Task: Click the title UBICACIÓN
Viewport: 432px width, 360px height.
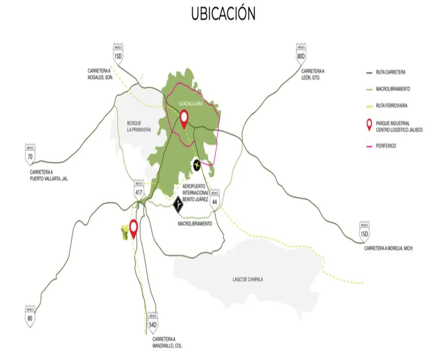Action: (223, 14)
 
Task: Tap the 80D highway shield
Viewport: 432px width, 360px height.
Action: (301, 54)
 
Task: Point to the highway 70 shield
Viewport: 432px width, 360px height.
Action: (30, 154)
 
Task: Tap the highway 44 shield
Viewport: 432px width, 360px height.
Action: (215, 199)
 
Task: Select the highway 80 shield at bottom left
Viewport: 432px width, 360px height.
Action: (30, 316)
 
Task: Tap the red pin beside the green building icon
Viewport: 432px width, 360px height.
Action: (134, 229)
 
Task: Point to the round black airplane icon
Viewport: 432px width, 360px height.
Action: (197, 165)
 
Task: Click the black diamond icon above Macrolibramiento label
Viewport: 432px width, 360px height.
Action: (179, 205)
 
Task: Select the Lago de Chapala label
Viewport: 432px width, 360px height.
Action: (248, 279)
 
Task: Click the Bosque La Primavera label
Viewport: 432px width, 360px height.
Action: (139, 126)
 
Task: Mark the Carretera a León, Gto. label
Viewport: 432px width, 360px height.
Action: (311, 74)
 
